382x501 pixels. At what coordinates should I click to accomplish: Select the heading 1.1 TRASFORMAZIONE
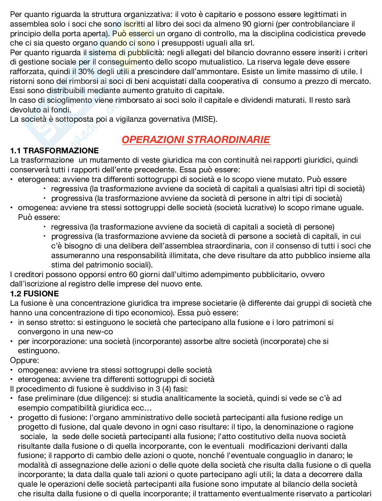coord(55,151)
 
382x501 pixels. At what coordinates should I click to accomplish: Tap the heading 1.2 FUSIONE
coord(35,294)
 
